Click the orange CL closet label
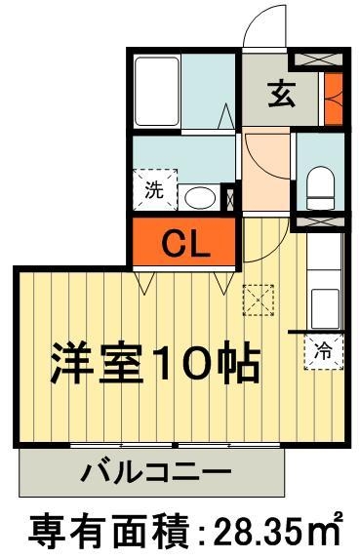pyautogui.click(x=184, y=244)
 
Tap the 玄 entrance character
pyautogui.click(x=281, y=95)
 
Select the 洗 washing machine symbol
pyautogui.click(x=155, y=190)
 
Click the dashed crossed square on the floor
pyautogui.click(x=259, y=299)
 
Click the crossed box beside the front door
pyautogui.click(x=319, y=58)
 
